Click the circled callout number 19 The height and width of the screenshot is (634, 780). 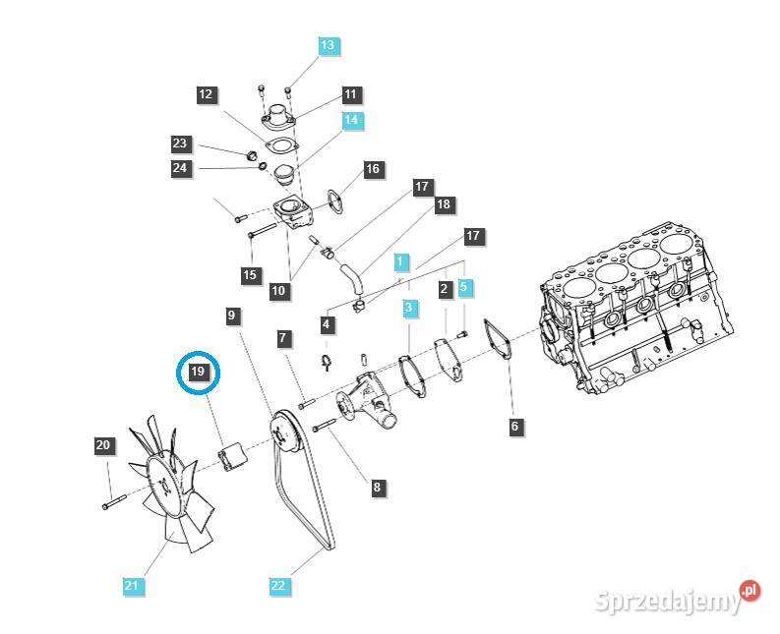coord(198,372)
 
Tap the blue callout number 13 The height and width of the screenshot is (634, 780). coord(328,45)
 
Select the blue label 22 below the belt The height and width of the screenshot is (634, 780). coord(278,586)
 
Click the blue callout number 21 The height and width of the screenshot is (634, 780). coord(132,586)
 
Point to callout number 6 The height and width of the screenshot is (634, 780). coord(514,427)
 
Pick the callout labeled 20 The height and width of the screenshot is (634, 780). coord(103,446)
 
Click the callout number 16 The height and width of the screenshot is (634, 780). coord(372,169)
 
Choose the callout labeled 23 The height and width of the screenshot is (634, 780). coord(179,144)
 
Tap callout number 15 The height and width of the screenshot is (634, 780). coord(250,275)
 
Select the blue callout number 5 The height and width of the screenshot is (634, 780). coord(465,288)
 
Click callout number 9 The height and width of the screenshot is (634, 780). coord(232,316)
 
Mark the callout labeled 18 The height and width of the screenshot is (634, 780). coord(444,204)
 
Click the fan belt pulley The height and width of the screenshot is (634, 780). coord(284,435)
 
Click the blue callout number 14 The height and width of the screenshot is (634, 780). coord(352,121)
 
